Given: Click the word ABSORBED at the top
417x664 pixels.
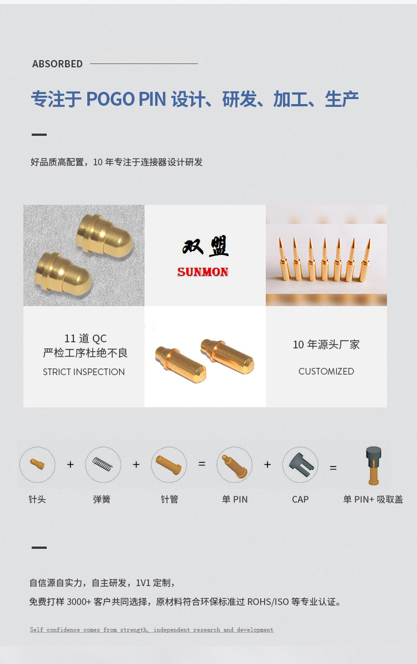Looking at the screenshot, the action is [x=57, y=64].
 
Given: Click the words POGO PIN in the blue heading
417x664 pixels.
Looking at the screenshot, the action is [x=126, y=99].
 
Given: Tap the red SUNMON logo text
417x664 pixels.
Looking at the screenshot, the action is [x=202, y=272].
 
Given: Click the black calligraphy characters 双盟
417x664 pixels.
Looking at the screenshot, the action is [x=206, y=246].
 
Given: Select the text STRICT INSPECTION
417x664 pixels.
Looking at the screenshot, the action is [x=84, y=372].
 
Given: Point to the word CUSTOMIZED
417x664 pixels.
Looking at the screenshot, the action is [x=326, y=371].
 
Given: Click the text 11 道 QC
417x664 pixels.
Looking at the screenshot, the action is [x=86, y=338].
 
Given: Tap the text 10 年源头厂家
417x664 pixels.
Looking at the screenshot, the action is [x=326, y=345].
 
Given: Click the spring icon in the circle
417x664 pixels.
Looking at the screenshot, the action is [x=102, y=464].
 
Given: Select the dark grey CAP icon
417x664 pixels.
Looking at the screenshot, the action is [x=301, y=465].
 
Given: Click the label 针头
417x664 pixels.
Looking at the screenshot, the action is [x=37, y=499].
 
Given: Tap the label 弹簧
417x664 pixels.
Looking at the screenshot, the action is [x=102, y=499].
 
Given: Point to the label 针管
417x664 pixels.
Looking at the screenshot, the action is [x=169, y=499].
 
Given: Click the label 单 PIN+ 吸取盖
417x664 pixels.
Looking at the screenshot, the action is [x=373, y=499].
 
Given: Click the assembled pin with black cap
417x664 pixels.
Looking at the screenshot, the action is [x=374, y=465].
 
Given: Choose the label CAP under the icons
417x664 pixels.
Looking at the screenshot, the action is [x=300, y=499].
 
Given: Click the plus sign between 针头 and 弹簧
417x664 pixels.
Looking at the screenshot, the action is [x=70, y=465].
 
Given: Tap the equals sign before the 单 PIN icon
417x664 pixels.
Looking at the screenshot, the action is [x=202, y=464].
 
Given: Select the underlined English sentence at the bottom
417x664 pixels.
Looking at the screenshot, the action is [x=151, y=629].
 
